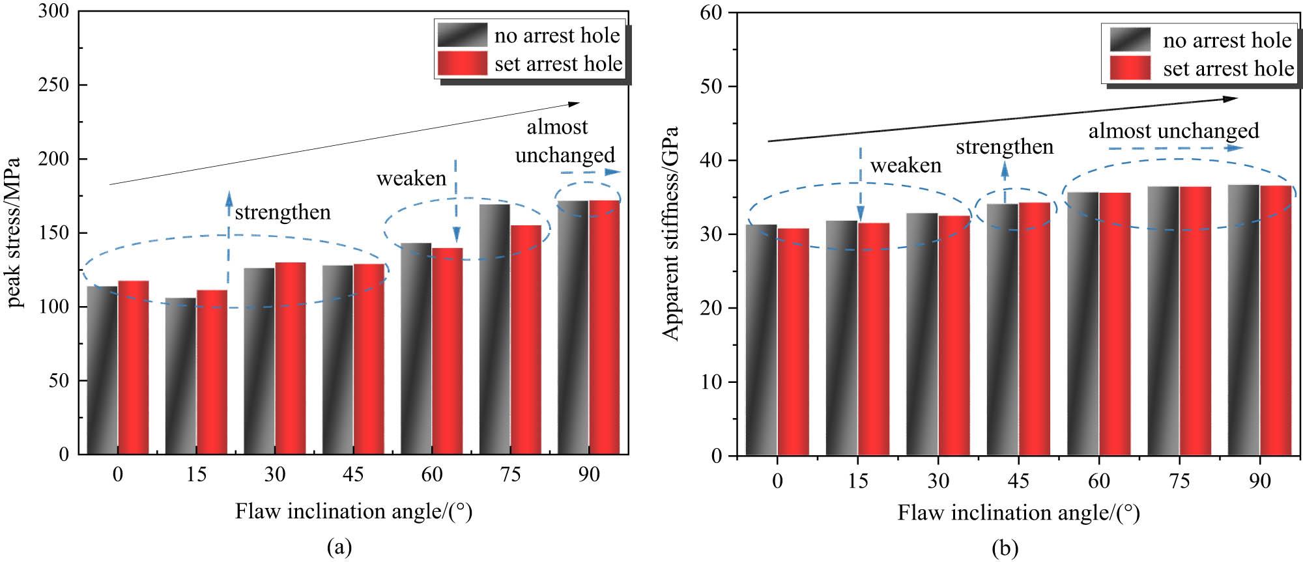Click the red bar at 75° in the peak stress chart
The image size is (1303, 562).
click(x=526, y=339)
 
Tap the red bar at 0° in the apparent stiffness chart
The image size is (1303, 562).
click(x=793, y=341)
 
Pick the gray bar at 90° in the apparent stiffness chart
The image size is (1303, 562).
click(x=1244, y=320)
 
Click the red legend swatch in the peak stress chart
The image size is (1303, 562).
click(x=462, y=64)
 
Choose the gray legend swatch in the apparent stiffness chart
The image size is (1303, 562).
click(x=1130, y=40)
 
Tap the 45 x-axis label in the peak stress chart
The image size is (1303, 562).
click(x=353, y=474)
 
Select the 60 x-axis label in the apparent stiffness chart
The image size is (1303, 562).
click(x=1098, y=481)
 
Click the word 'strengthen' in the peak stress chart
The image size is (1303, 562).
click(x=283, y=212)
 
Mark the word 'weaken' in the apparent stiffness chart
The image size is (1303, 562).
click(x=906, y=165)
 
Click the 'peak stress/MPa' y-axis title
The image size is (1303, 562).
click(x=16, y=232)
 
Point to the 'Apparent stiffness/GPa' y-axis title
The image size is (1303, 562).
click(x=671, y=232)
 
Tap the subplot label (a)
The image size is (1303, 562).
click(x=339, y=547)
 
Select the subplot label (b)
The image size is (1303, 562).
click(x=1004, y=549)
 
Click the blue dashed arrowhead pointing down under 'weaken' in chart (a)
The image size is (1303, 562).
click(x=456, y=234)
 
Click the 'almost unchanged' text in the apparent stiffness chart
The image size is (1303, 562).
click(x=1173, y=131)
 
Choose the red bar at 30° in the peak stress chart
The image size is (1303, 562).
click(x=290, y=358)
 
